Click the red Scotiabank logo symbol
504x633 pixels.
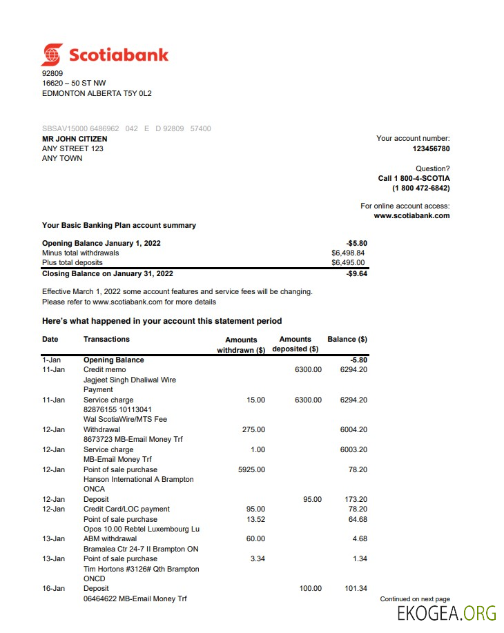[x=52, y=55]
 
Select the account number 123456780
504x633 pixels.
[x=431, y=148]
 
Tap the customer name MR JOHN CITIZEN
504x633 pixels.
[x=75, y=139]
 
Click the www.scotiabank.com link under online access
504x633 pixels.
[x=411, y=215]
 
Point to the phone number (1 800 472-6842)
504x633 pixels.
[x=420, y=188]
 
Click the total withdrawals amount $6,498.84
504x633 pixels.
[x=348, y=253]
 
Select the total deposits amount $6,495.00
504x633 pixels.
[x=348, y=262]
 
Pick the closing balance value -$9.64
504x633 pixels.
[x=356, y=273]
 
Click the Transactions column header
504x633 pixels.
[x=106, y=339]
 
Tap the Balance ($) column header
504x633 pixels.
[x=347, y=339]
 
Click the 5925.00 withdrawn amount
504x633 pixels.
[x=251, y=469]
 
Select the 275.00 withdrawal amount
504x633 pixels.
[x=253, y=429]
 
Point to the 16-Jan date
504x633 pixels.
[x=53, y=588]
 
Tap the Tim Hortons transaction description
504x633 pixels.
[x=141, y=569]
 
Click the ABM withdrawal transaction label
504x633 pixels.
[x=110, y=538]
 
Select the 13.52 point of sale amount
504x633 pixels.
[x=255, y=519]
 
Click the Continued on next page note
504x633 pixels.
[x=415, y=599]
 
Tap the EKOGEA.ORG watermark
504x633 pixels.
[x=447, y=613]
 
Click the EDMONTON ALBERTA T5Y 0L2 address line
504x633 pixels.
[x=97, y=93]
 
